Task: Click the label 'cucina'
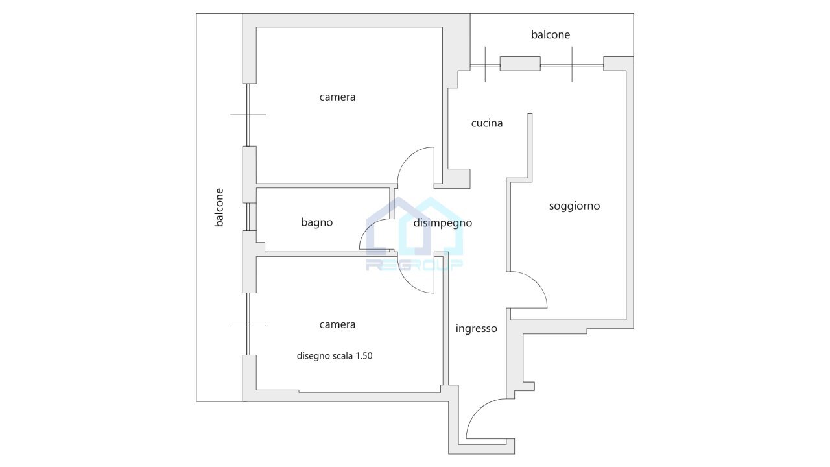coord(487,123)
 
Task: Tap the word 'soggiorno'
coord(574,206)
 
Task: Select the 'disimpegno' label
coord(443,223)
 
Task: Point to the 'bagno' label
coord(316,222)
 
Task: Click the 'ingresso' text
coord(476,329)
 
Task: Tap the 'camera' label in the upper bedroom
coord(337,97)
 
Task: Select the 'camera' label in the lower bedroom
coord(337,324)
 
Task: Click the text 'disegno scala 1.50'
coord(335,355)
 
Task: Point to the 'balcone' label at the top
coord(551,35)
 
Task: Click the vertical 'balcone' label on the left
coord(220,208)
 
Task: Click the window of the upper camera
coord(248,115)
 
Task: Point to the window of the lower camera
coord(248,323)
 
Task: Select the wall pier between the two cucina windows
coord(520,64)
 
